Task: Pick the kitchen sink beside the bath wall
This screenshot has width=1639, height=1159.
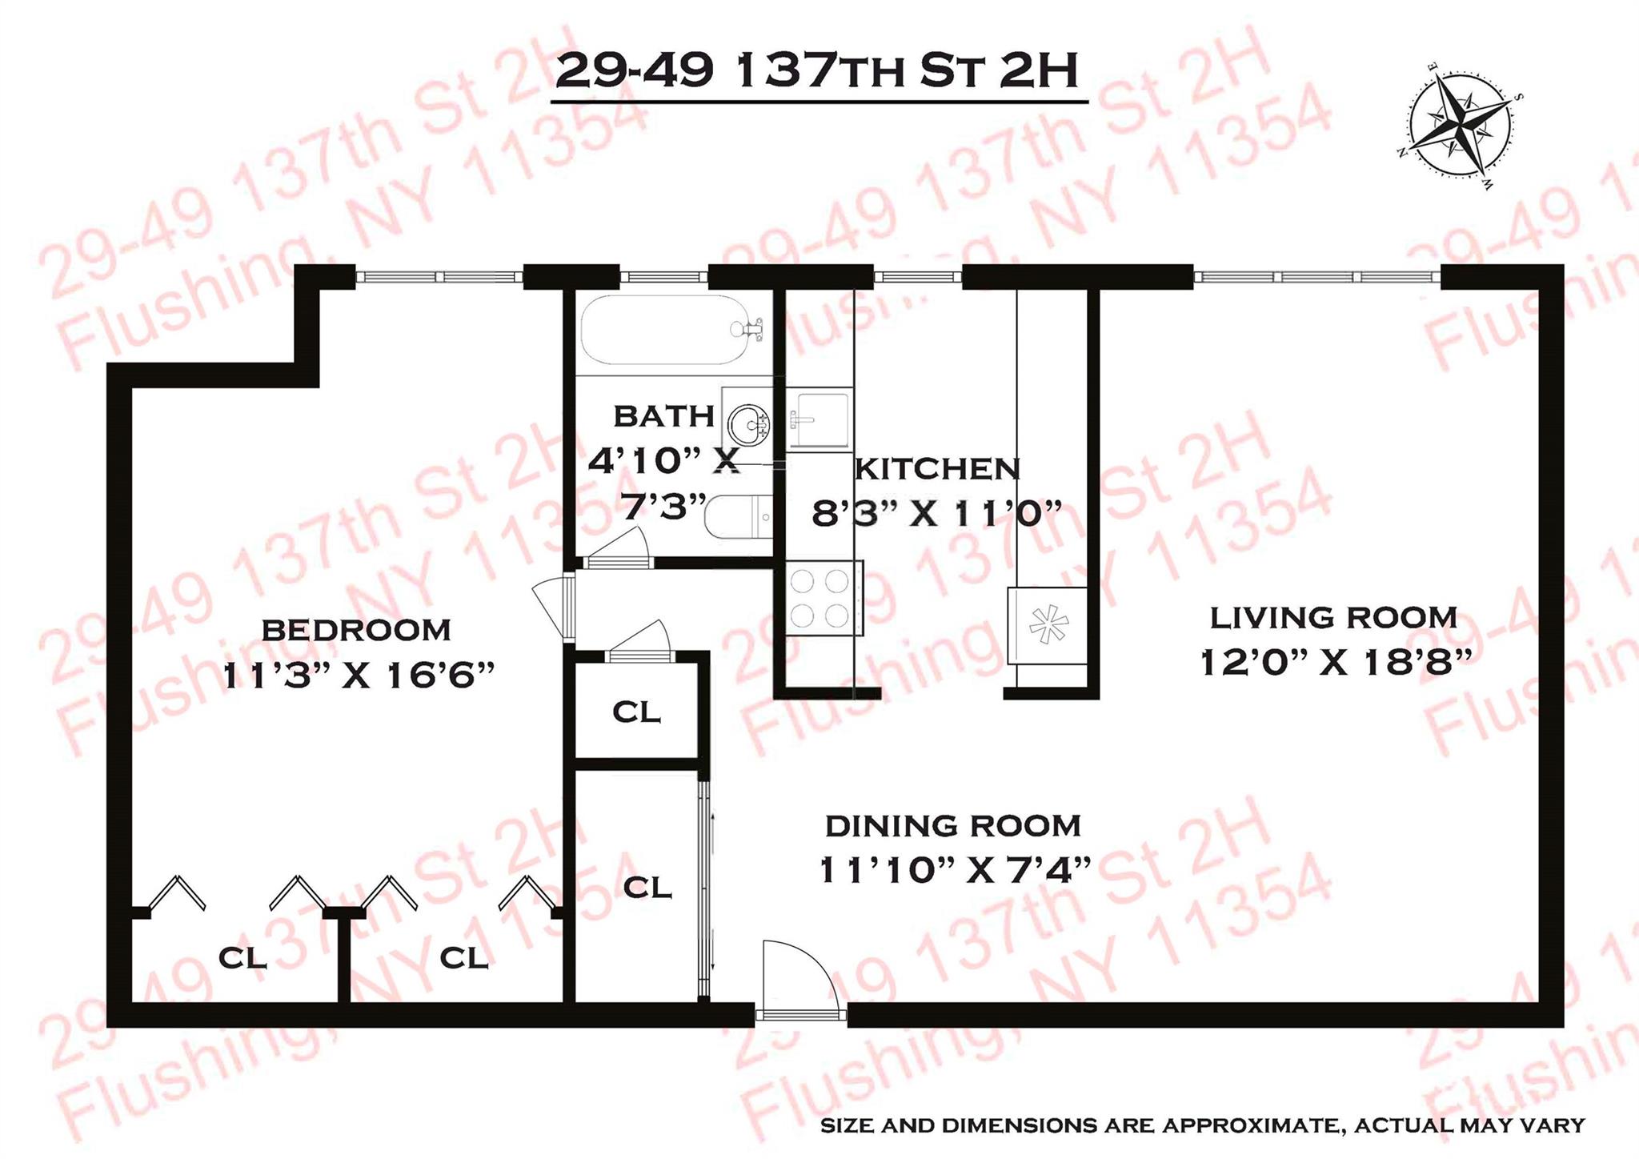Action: (819, 418)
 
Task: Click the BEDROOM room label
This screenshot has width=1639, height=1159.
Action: (356, 630)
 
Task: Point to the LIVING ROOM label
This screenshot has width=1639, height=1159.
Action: (1332, 618)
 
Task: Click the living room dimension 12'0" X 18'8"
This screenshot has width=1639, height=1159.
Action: (1336, 663)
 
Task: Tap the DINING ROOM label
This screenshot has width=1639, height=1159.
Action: (952, 825)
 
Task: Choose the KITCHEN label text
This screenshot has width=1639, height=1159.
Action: (937, 469)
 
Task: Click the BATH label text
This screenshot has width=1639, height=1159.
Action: (663, 416)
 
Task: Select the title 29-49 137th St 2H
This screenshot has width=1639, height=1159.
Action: (817, 72)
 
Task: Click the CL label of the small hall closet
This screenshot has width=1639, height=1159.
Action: (636, 712)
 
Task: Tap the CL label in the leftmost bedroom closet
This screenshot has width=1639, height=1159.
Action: (242, 957)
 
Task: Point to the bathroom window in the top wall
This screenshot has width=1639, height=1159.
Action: (663, 277)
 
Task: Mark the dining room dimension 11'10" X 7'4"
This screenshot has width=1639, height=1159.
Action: (956, 870)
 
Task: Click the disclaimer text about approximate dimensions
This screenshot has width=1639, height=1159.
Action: (1202, 1125)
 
